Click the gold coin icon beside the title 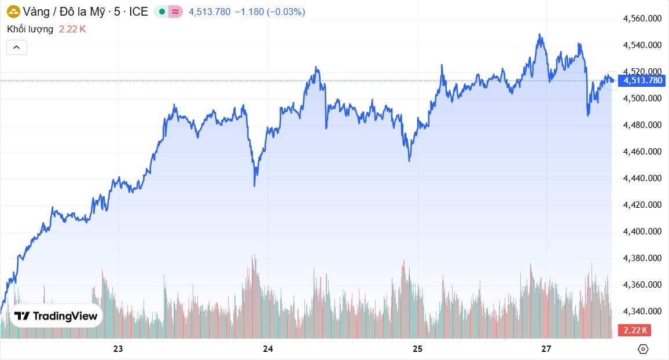click(13, 11)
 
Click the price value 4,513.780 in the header click(209, 12)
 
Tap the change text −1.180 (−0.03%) click(270, 12)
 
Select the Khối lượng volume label click(30, 29)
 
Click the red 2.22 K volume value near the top click(72, 29)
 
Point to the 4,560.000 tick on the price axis click(642, 19)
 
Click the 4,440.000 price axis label click(642, 178)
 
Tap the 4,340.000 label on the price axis click(642, 311)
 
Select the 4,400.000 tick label click(642, 232)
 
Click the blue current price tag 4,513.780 click(642, 80)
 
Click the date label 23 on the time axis click(118, 349)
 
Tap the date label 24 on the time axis click(268, 349)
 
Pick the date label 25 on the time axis click(418, 349)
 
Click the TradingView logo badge click(56, 316)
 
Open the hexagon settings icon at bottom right click(642, 349)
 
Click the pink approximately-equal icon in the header click(175, 12)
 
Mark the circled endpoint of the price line click(611, 80)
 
